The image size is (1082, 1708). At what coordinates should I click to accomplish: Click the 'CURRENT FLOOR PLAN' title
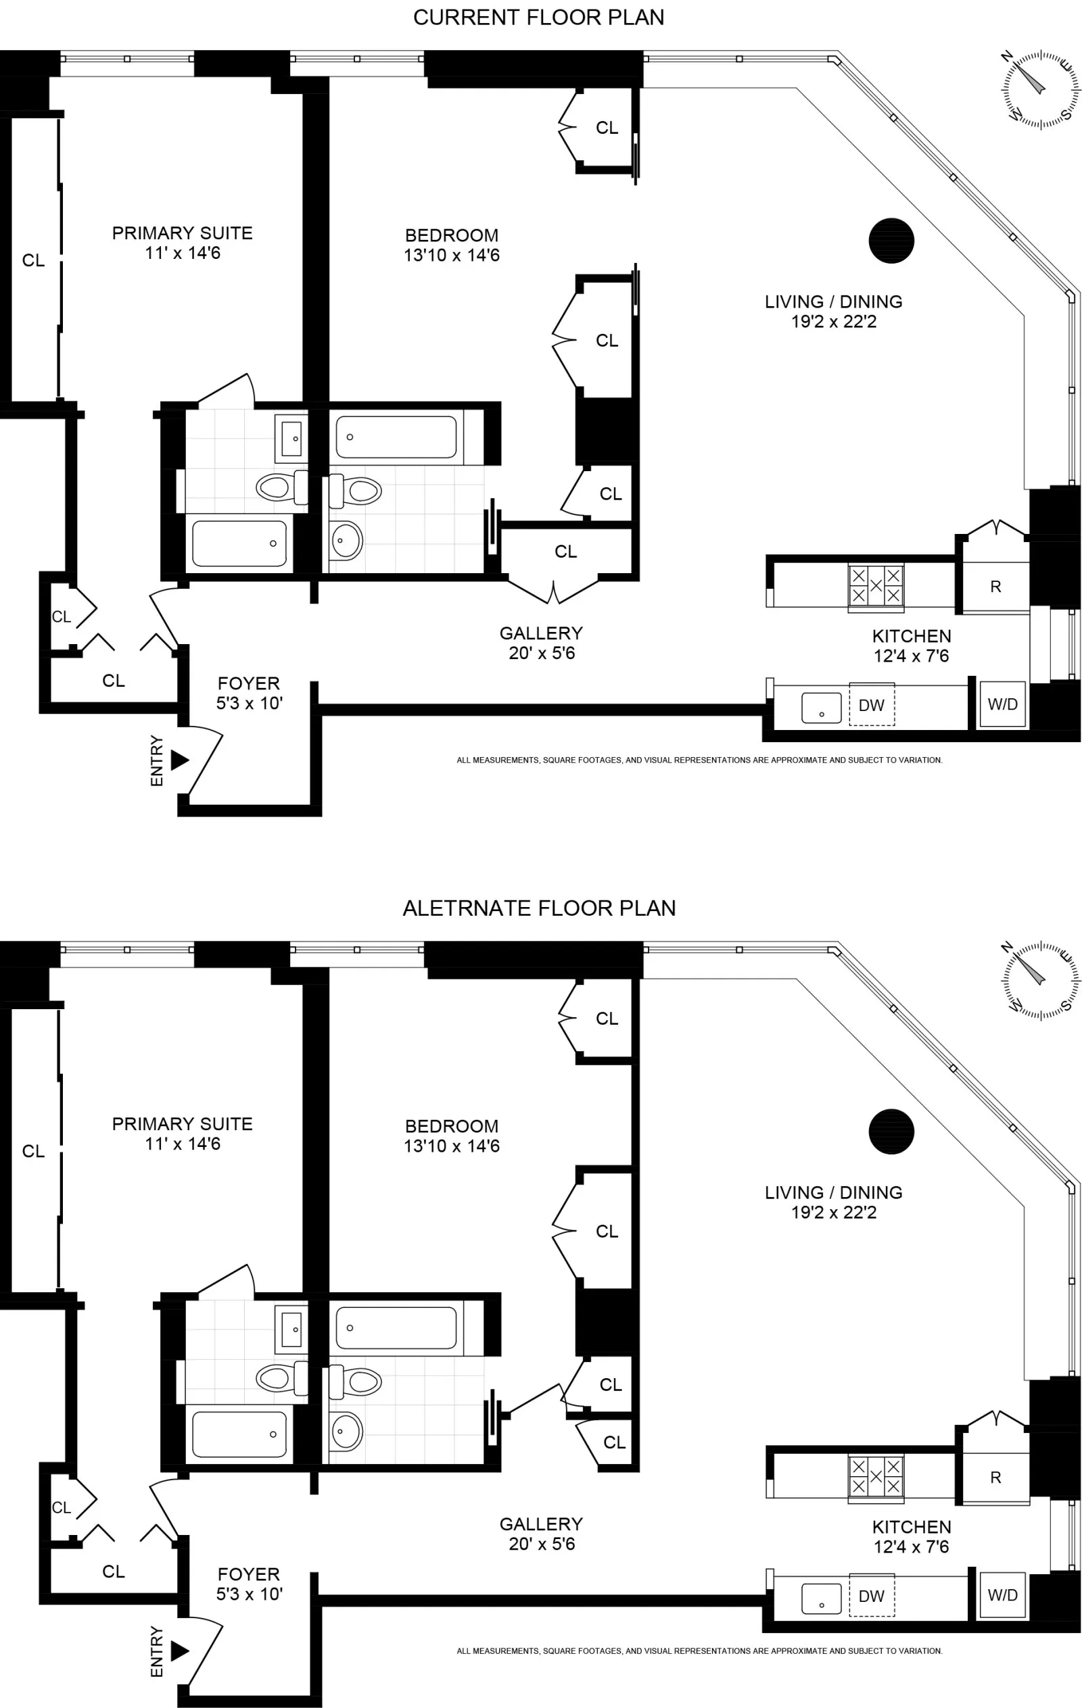538,18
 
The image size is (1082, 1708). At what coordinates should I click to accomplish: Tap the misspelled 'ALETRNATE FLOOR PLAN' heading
538,908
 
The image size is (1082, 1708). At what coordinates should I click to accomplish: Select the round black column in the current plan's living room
891,241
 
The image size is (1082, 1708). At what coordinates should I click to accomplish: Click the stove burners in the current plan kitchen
876,585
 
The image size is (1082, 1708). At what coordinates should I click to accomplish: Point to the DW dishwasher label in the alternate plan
871,1596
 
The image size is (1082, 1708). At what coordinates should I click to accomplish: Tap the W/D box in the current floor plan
1002,704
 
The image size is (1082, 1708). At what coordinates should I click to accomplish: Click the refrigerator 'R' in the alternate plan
995,1478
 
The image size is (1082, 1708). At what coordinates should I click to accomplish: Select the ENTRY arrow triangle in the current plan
179,760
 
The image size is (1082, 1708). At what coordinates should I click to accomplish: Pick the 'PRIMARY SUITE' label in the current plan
183,233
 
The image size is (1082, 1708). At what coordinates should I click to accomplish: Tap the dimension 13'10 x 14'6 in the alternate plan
451,1146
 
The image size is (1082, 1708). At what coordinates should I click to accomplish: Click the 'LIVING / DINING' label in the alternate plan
833,1192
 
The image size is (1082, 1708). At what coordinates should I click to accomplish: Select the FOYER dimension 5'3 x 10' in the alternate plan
249,1594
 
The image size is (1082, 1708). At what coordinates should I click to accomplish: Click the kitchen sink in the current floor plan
821,708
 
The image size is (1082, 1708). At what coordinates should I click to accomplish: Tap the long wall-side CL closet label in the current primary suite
32,260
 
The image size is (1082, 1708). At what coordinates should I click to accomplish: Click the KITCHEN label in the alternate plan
911,1527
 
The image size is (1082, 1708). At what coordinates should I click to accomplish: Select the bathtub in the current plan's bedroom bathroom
396,437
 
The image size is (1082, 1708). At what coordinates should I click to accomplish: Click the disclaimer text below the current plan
699,760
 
